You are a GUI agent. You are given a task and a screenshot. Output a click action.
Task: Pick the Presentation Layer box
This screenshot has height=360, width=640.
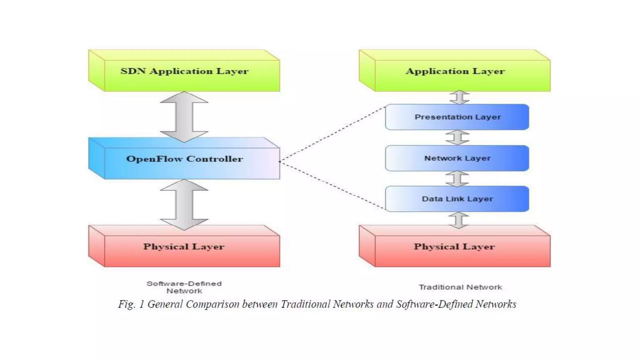(457, 117)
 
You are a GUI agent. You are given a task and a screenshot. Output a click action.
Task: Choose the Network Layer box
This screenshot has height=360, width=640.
(457, 158)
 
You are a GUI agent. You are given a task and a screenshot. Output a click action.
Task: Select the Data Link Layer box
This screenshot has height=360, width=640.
(457, 199)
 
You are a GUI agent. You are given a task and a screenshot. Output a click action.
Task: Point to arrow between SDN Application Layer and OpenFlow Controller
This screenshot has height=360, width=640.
(184, 117)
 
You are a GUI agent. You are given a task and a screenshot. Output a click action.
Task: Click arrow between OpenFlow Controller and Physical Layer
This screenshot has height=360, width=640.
(184, 205)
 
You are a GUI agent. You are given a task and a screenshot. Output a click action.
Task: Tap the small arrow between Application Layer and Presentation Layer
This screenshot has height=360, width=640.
(459, 97)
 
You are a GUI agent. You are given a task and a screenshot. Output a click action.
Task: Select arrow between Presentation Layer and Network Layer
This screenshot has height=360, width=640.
(457, 137)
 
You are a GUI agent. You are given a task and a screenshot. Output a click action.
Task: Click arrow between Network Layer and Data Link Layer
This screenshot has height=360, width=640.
(457, 179)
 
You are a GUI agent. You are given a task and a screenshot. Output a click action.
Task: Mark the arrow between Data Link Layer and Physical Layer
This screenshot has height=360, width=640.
(458, 220)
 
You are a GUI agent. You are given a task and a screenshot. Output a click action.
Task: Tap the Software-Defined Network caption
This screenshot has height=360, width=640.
(184, 287)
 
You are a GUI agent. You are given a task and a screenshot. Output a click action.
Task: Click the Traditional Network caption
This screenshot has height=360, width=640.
(460, 287)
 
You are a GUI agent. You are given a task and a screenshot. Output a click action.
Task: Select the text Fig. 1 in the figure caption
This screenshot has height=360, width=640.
(131, 304)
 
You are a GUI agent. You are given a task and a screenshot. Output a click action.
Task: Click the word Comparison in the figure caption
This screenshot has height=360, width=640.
(212, 304)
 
